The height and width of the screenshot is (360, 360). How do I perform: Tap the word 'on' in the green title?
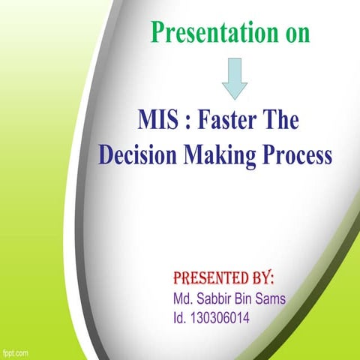[293, 34]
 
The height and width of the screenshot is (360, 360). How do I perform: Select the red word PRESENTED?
[208, 279]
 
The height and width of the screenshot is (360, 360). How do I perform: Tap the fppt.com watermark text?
[15, 352]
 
